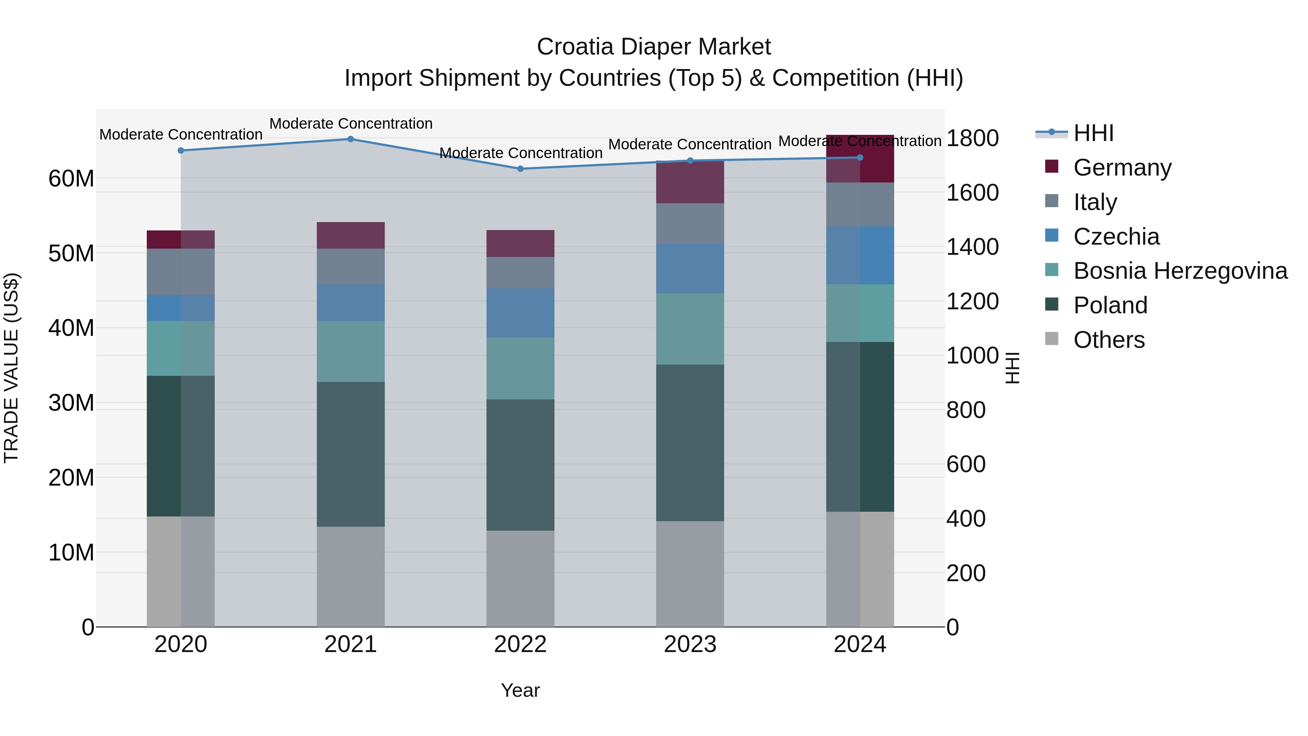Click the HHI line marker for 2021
350,139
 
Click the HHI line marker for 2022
520,169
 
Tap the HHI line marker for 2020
181,150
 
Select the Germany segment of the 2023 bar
690,183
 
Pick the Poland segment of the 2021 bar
350,454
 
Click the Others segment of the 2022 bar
520,579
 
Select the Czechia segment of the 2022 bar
520,313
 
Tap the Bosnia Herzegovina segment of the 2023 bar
690,329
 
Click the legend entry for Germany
1122,168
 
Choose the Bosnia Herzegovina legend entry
1180,271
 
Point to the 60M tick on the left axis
71,179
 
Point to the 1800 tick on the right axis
972,138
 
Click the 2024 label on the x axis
860,644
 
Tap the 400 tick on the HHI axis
966,519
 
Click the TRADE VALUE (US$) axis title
11,368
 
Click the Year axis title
520,690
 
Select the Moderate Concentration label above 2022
520,153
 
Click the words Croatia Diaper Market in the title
654,47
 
